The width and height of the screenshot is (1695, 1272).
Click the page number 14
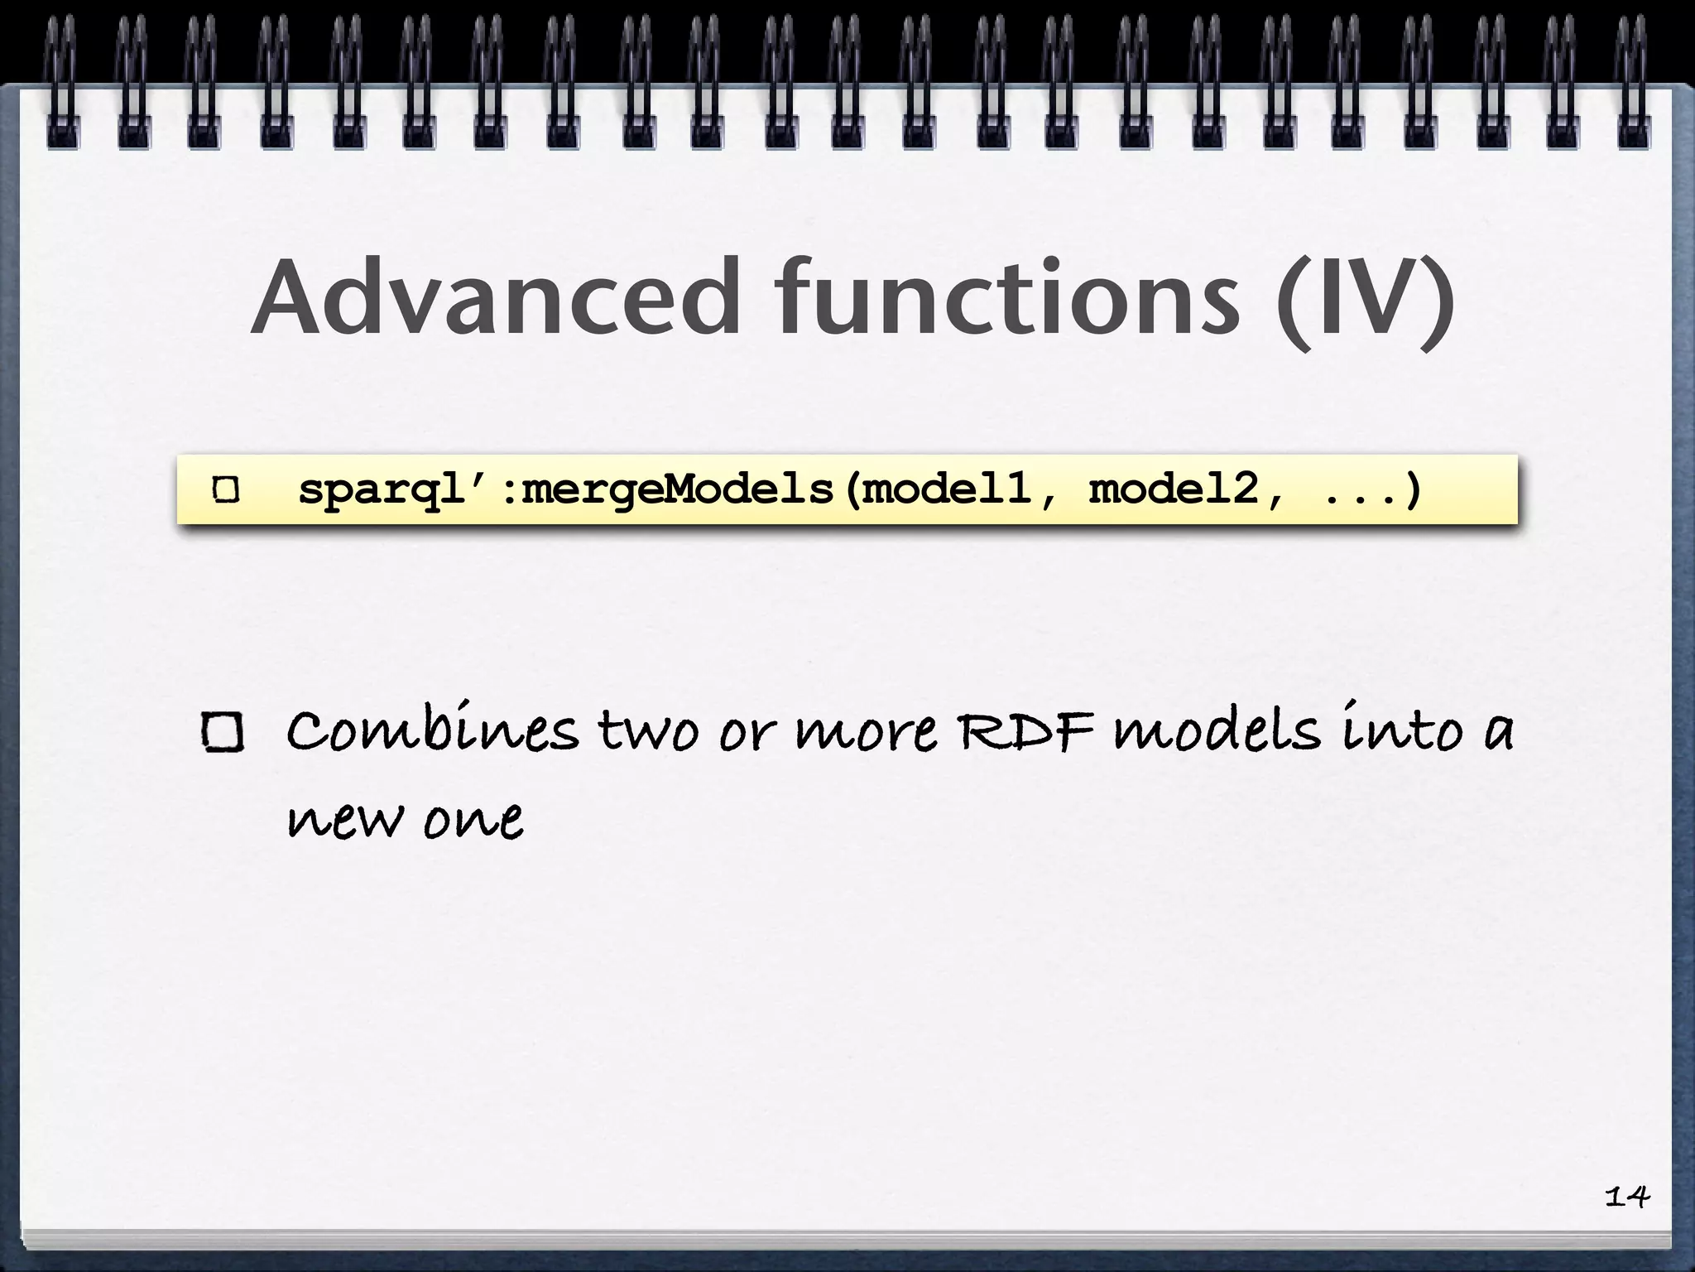pyautogui.click(x=1626, y=1196)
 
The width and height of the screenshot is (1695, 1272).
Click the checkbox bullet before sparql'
pyautogui.click(x=226, y=489)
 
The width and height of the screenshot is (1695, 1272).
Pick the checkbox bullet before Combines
pyautogui.click(x=223, y=733)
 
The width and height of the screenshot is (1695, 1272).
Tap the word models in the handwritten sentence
pyautogui.click(x=1217, y=730)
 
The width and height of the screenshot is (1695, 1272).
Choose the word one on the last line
pyautogui.click(x=473, y=820)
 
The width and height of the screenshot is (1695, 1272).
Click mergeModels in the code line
pyautogui.click(x=677, y=489)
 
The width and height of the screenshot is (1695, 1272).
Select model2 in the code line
pyautogui.click(x=1174, y=488)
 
